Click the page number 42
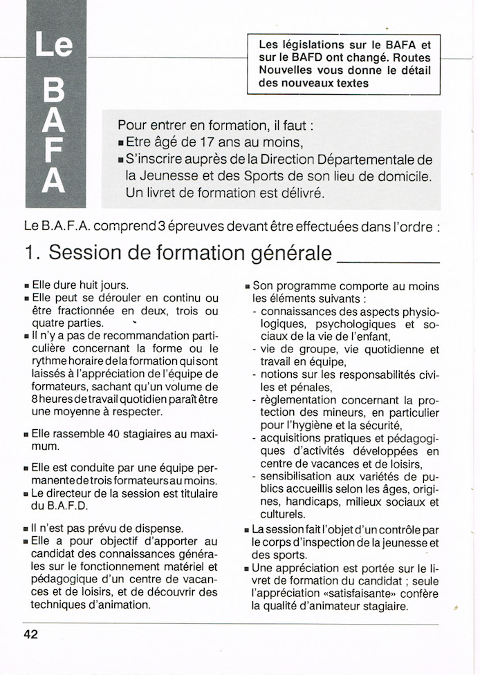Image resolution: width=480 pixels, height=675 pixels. point(30,634)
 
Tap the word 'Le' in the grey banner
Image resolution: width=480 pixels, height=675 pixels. point(55,46)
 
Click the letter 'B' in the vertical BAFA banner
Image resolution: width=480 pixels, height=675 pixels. point(55,91)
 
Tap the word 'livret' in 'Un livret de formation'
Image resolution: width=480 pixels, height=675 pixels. point(163,193)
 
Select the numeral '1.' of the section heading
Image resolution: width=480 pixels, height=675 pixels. point(32,253)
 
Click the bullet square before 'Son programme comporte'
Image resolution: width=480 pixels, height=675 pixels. point(247,286)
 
